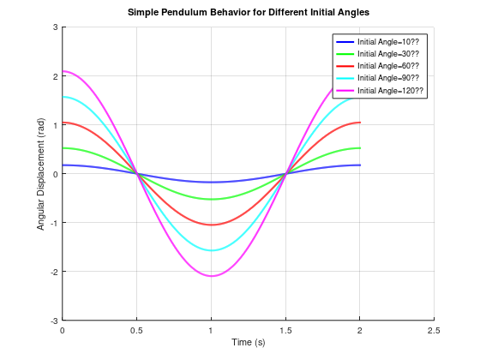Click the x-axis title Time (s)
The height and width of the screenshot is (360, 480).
tap(249, 342)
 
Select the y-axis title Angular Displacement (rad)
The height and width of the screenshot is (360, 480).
tap(40, 173)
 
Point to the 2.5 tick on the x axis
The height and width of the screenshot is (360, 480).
tap(434, 329)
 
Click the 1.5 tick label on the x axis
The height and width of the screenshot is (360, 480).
tap(285, 329)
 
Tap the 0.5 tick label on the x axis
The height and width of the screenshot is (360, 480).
tap(136, 329)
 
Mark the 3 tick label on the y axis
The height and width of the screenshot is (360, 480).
tap(55, 27)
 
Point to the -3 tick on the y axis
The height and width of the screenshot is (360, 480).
tap(53, 321)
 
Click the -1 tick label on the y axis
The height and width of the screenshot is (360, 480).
tap(53, 223)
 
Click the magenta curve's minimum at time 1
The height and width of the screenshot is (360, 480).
tap(211, 276)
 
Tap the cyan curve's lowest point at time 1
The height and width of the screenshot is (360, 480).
tap(211, 250)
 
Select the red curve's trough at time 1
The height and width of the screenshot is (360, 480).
tap(211, 225)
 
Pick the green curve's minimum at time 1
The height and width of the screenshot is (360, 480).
tap(211, 200)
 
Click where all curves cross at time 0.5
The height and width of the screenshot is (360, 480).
tap(137, 174)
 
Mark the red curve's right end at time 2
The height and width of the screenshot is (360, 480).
tap(359, 123)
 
